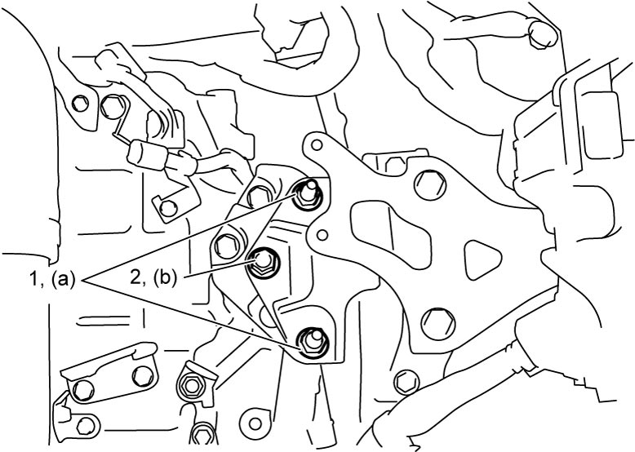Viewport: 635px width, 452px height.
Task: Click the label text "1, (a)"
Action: pos(51,280)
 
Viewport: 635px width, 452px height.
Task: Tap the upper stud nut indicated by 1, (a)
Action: pos(308,194)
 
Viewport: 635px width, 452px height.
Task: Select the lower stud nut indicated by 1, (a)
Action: pos(313,343)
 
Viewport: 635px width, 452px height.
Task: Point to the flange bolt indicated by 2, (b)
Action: pos(263,263)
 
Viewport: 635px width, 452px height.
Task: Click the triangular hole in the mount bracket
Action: pos(482,259)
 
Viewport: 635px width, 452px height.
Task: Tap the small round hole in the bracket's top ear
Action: pos(317,145)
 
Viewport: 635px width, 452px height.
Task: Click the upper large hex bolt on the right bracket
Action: pos(429,185)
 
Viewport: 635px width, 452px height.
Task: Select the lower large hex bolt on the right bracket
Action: pos(437,324)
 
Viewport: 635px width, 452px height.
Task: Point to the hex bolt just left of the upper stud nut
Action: pos(259,197)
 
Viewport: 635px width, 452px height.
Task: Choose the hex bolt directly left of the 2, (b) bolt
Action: pos(225,245)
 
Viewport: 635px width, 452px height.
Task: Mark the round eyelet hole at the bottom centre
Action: pos(255,424)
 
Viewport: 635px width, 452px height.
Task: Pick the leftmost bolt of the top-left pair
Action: pos(80,104)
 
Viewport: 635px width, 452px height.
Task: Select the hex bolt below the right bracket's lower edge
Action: pos(406,382)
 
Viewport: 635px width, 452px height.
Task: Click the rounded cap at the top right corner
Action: pos(543,34)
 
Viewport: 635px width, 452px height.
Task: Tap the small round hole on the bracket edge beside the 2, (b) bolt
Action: pos(322,234)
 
